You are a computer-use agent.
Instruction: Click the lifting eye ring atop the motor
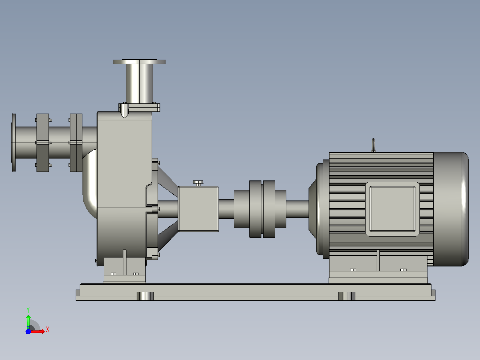(374, 145)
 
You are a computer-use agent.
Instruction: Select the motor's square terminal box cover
(392, 209)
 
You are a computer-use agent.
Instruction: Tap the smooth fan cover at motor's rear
(451, 209)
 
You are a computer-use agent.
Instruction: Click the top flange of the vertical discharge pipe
(139, 62)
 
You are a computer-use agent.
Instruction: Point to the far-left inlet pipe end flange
(13, 143)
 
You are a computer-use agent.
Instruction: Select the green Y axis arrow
(28, 322)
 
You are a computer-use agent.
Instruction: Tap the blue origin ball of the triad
(28, 331)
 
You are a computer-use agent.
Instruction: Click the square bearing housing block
(198, 209)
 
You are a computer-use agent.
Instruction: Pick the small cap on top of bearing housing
(198, 183)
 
